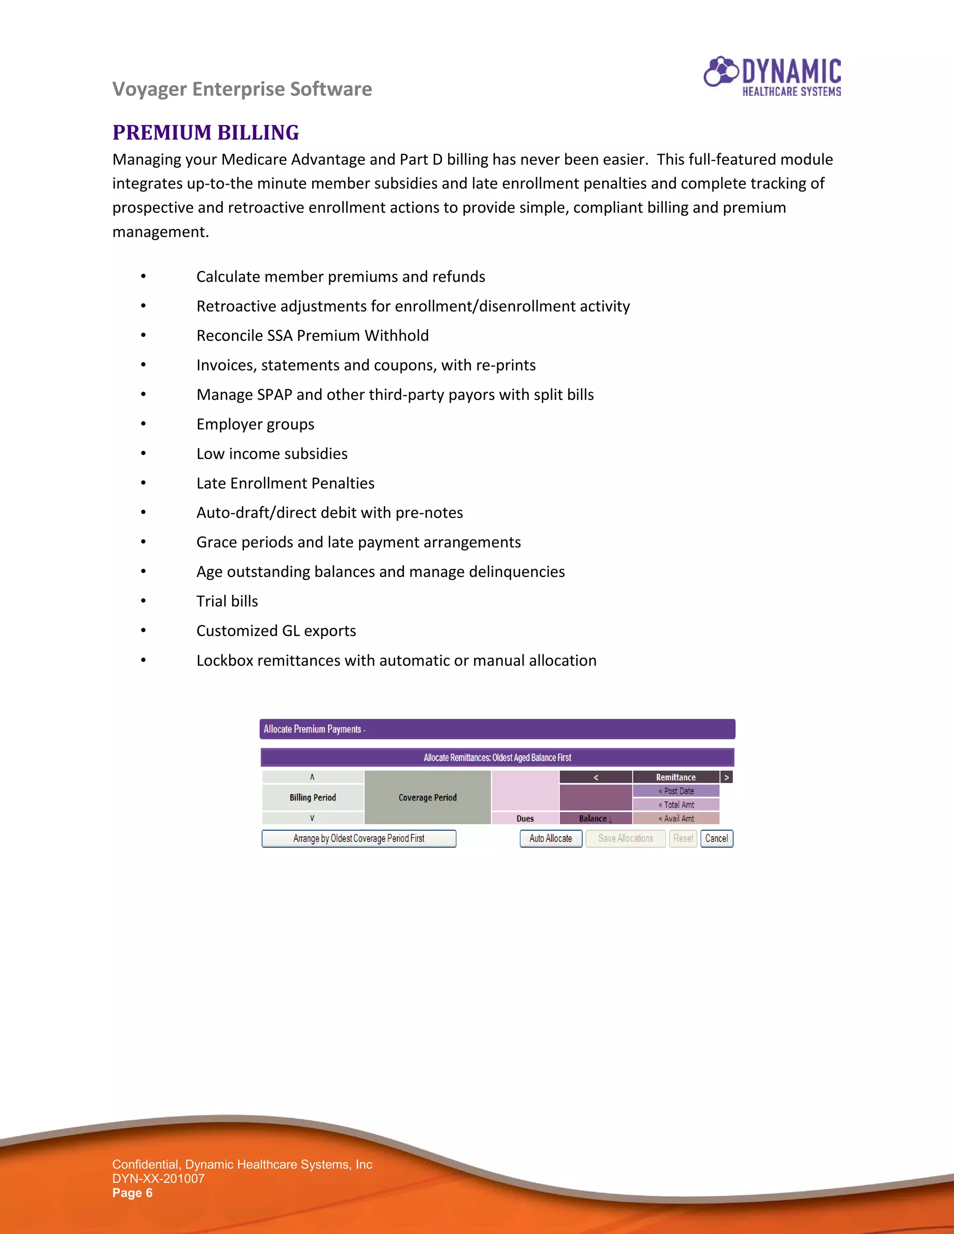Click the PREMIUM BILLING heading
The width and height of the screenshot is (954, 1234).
pyautogui.click(x=206, y=133)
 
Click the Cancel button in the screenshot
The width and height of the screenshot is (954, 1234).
pyautogui.click(x=716, y=839)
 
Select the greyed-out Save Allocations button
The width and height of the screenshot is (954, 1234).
pyautogui.click(x=625, y=839)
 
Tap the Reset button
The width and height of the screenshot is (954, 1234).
pyautogui.click(x=683, y=839)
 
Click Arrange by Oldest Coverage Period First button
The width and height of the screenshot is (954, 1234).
pyautogui.click(x=358, y=839)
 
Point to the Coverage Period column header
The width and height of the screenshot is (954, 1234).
pyautogui.click(x=427, y=797)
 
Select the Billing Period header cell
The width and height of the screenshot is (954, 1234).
pyautogui.click(x=313, y=797)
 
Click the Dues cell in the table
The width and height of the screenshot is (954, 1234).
pyautogui.click(x=525, y=818)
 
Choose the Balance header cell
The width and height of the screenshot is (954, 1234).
pyautogui.click(x=594, y=818)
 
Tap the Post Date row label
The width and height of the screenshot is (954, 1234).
pyautogui.click(x=676, y=791)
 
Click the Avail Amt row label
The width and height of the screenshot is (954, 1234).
pyautogui.click(x=676, y=818)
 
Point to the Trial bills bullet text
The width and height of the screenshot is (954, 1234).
pyautogui.click(x=227, y=601)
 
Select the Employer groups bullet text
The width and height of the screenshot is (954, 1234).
pyautogui.click(x=255, y=424)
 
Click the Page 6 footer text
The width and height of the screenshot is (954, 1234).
pyautogui.click(x=132, y=1193)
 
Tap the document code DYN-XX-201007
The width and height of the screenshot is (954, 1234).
pyautogui.click(x=158, y=1179)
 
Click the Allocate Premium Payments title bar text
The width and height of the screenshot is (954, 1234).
pyautogui.click(x=314, y=729)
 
